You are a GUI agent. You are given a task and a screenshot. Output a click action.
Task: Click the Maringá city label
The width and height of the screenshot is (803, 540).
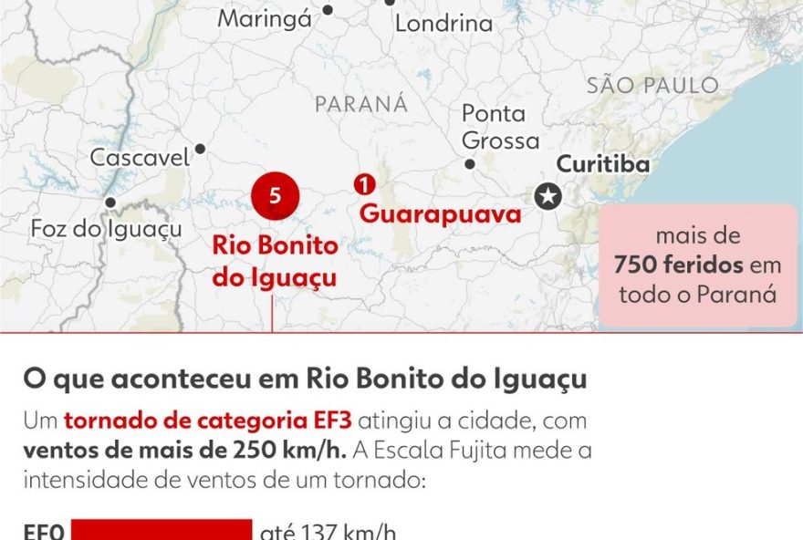tap(265, 20)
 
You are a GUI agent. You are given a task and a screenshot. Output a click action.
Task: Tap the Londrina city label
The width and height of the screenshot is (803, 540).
tap(443, 24)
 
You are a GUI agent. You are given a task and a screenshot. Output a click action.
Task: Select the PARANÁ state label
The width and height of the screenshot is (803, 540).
tap(361, 104)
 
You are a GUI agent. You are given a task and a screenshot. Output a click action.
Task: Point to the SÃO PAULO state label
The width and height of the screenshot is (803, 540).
tap(652, 86)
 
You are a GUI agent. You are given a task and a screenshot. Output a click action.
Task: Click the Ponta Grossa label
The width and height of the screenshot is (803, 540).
tap(500, 128)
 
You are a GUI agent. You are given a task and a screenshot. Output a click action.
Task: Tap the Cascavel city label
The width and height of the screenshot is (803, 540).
tap(140, 157)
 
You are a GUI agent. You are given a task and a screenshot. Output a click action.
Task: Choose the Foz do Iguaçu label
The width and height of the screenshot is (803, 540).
tap(106, 228)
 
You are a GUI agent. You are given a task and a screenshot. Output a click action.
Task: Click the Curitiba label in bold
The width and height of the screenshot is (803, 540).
tap(603, 164)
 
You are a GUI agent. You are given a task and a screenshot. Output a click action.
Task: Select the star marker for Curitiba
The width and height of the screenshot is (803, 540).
tap(547, 196)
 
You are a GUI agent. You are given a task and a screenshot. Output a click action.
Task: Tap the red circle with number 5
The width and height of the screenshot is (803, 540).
tap(276, 195)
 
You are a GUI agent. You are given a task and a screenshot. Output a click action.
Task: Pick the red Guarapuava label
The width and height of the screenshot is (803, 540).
tap(440, 214)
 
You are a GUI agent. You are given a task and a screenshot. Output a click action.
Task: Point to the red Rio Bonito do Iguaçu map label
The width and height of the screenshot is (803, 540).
tap(275, 261)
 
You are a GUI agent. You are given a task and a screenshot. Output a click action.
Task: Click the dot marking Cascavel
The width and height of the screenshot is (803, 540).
tap(200, 149)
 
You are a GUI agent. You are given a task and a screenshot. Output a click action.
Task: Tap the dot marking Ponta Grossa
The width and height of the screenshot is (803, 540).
tap(470, 164)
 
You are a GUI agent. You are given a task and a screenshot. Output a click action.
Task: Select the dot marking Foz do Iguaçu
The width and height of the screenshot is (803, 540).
tap(110, 202)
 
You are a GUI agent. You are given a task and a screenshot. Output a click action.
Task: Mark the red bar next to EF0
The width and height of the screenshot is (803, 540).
tap(161, 531)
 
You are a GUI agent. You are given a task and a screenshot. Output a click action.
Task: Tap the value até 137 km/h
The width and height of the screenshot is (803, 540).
tap(328, 532)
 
